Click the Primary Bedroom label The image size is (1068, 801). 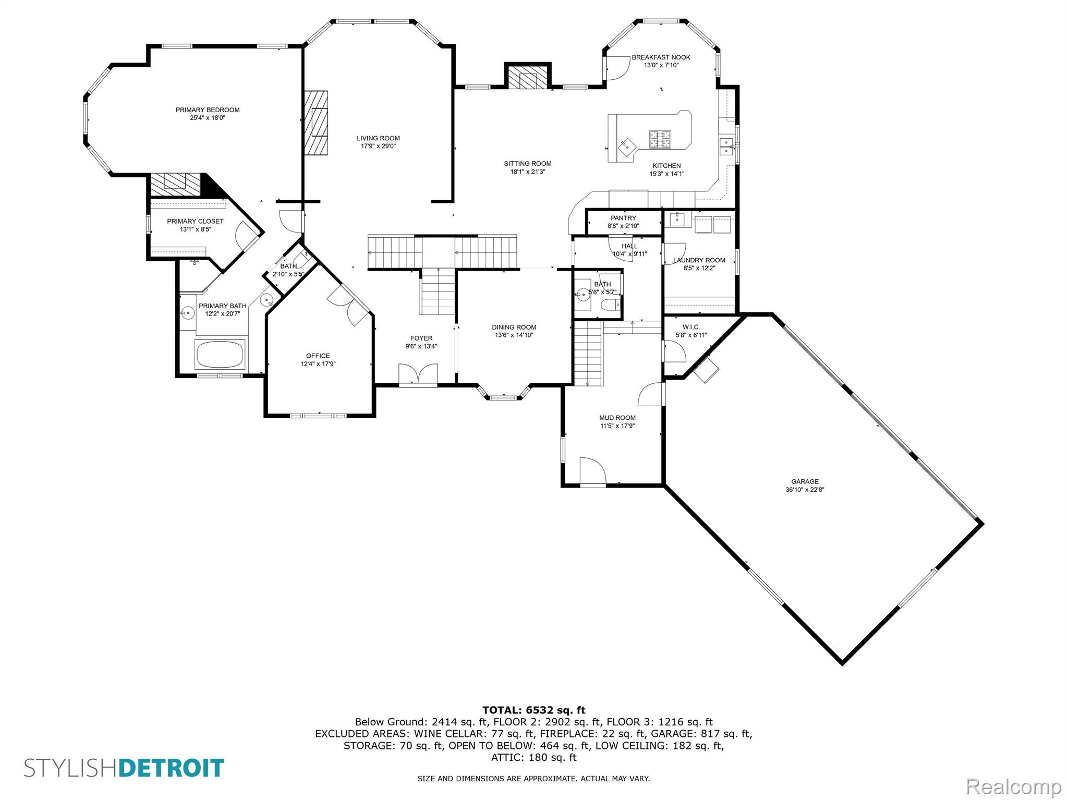207,110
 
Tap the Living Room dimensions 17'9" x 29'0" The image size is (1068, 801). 378,147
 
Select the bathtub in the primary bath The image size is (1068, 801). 220,354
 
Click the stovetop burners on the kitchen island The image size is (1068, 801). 660,139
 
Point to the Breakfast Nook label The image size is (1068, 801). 661,57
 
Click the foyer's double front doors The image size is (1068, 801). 418,374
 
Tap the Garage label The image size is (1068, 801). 805,482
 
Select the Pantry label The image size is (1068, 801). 623,218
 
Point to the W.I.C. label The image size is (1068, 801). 691,327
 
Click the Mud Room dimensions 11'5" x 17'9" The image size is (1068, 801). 617,426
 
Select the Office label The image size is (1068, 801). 318,356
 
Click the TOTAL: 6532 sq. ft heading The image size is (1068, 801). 533,710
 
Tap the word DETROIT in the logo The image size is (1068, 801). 172,768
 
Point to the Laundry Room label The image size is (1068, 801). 699,260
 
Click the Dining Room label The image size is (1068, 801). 514,327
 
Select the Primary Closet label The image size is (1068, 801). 195,222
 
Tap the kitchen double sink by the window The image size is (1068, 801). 726,146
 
